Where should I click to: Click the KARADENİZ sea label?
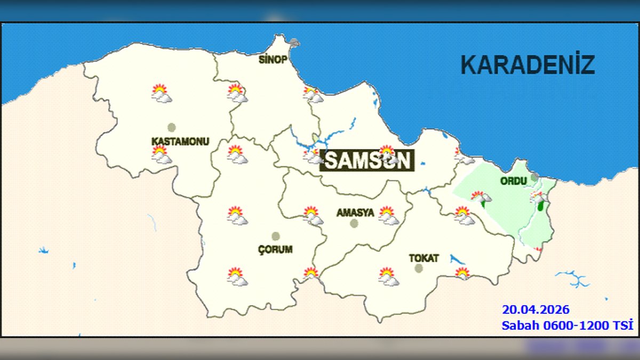click(527, 65)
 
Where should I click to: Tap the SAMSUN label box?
click(367, 160)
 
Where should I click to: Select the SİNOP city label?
click(273, 59)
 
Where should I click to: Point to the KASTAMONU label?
click(180, 141)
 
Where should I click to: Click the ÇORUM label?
click(275, 249)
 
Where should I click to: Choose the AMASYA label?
click(355, 212)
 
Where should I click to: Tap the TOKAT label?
click(424, 258)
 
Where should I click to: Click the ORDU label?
click(514, 181)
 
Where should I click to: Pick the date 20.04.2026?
click(535, 309)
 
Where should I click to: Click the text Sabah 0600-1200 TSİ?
click(567, 325)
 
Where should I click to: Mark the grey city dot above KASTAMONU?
click(171, 127)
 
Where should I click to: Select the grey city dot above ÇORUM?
click(276, 236)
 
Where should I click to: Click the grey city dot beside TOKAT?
click(419, 268)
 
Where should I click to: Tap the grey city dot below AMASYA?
click(354, 223)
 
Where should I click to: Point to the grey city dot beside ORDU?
click(534, 177)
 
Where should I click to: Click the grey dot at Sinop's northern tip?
click(294, 42)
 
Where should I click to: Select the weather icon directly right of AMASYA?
click(388, 215)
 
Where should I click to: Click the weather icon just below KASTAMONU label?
click(161, 155)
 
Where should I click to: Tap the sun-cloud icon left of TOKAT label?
click(388, 276)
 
